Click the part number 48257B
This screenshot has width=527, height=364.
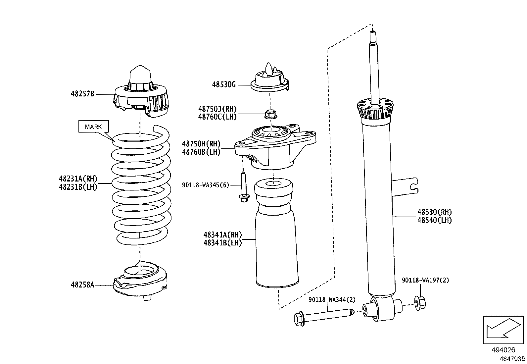(82, 94)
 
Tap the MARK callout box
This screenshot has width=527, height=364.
(93, 127)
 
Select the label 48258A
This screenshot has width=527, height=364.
(82, 285)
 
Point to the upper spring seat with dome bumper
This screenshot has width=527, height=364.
(141, 96)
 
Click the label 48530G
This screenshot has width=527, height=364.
(224, 85)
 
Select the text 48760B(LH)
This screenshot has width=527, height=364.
(201, 152)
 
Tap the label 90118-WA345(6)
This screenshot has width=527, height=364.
(205, 185)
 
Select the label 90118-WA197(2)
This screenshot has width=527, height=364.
(425, 280)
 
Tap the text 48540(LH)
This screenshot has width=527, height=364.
(434, 220)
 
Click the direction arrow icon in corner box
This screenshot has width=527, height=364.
(503, 329)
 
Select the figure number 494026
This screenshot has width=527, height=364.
(503, 350)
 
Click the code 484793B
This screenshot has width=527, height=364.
(512, 359)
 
